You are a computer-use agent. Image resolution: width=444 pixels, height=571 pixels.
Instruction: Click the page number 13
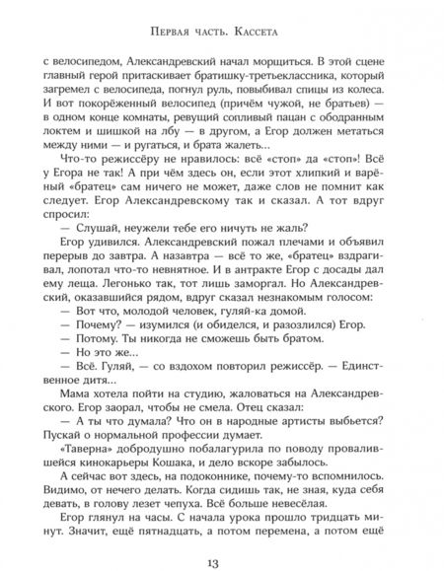[221, 556]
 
